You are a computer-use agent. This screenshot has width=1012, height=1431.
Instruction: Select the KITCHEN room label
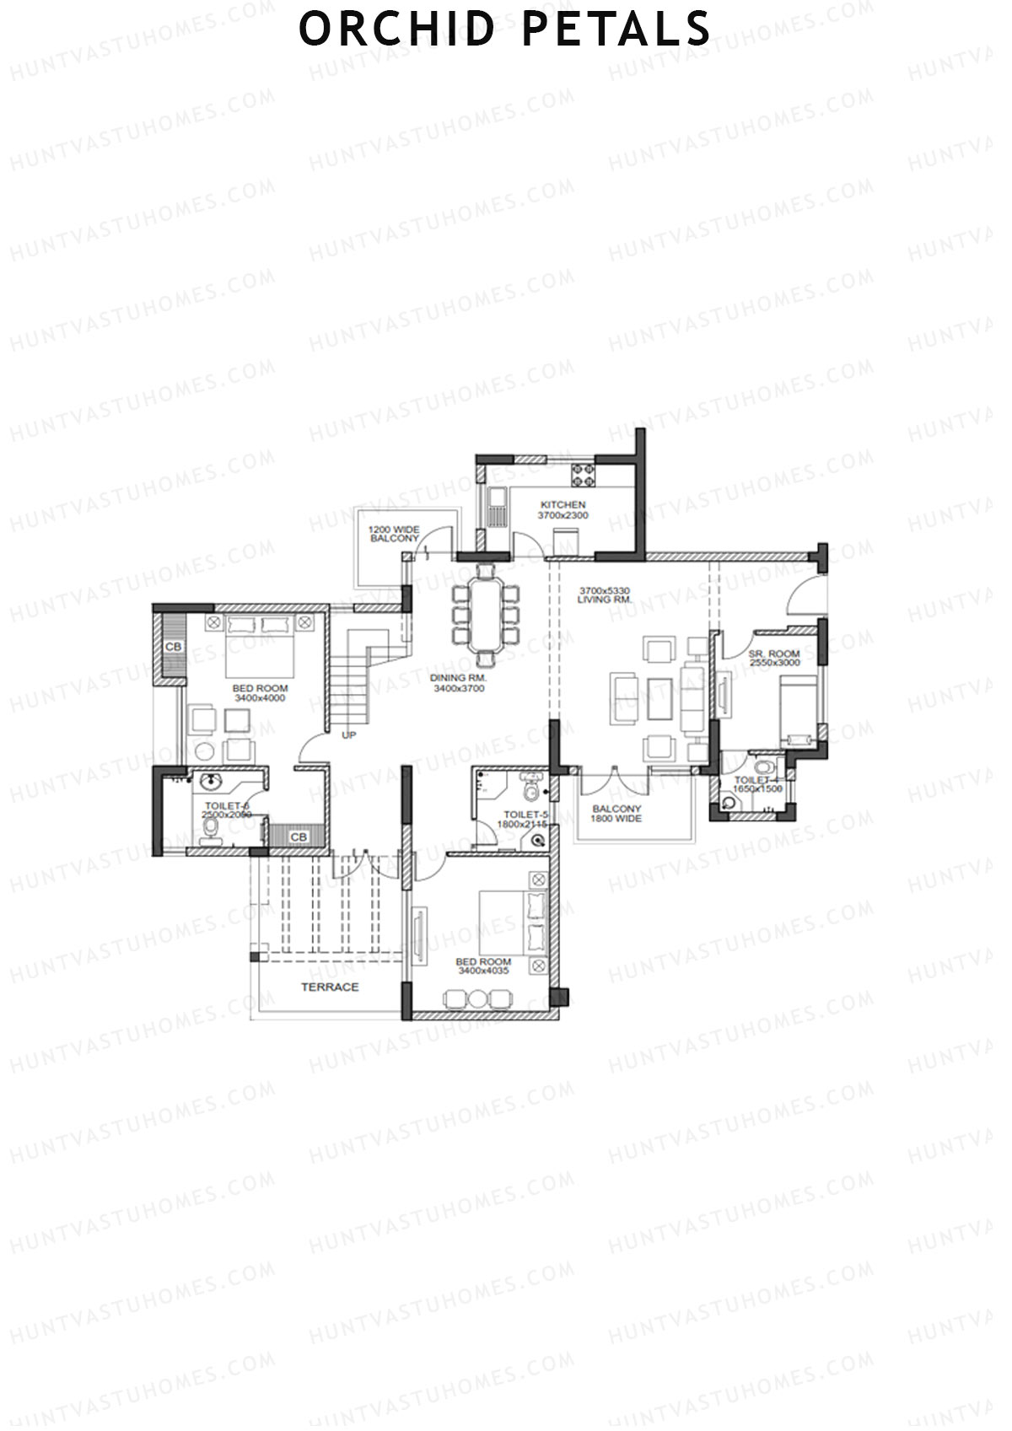tap(563, 505)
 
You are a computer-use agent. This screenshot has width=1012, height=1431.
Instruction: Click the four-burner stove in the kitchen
tap(582, 474)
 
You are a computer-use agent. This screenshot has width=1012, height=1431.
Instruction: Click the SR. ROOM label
tap(773, 654)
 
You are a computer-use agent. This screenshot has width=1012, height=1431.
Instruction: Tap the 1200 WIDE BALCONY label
tap(393, 533)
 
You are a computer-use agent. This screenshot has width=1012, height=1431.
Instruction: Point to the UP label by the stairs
tap(348, 735)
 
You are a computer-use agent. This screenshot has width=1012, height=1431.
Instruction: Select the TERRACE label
tap(330, 987)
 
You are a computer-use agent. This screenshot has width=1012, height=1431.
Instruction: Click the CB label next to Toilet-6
tap(298, 837)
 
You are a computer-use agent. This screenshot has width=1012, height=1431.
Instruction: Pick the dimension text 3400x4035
tap(483, 971)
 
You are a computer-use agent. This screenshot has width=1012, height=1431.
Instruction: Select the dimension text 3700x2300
tap(564, 515)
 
